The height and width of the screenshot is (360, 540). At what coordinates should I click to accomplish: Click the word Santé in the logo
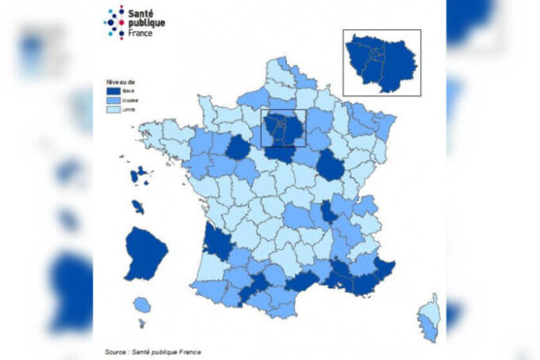[x=143, y=13]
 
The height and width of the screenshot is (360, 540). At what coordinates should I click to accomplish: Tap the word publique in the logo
[x=147, y=22]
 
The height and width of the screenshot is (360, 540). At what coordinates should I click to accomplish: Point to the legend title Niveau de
[x=121, y=82]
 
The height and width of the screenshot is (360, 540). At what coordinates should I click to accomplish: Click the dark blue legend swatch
[x=114, y=91]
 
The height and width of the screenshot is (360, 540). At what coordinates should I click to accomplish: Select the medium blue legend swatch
[x=114, y=101]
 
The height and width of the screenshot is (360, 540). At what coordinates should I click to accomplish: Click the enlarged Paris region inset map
[x=381, y=62]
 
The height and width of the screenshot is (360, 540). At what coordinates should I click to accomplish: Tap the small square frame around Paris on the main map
[x=283, y=128]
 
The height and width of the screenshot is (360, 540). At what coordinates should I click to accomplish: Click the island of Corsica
[x=429, y=317]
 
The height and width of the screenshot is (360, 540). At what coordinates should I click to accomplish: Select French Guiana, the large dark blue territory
[x=145, y=253]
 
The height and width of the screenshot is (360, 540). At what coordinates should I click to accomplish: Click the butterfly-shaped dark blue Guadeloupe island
[x=140, y=174]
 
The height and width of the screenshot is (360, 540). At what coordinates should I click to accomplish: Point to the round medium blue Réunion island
[x=142, y=305]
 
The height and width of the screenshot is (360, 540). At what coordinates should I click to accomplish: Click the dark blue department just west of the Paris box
[x=237, y=147]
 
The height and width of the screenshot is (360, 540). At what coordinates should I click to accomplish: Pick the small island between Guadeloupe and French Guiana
[x=138, y=207]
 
